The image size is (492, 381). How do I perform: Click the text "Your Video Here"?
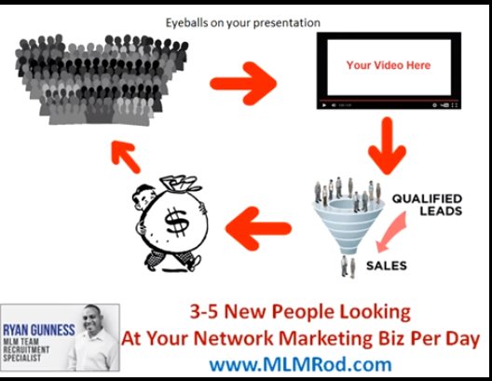point(389,65)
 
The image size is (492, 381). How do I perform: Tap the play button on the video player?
point(324,105)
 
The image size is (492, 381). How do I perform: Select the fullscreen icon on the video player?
point(454,105)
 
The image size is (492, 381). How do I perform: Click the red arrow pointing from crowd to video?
point(243,84)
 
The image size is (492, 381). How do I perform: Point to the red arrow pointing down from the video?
point(388,146)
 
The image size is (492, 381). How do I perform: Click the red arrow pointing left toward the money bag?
point(258,228)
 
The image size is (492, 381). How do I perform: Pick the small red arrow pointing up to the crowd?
point(126,156)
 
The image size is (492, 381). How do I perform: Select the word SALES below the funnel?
point(387,265)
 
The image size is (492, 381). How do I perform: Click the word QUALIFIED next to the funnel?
point(427,198)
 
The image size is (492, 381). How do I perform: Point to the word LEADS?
point(441,211)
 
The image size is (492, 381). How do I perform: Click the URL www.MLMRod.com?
point(301,364)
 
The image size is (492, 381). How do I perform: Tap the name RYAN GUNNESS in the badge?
point(39,330)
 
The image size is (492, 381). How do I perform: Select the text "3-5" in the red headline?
point(204,312)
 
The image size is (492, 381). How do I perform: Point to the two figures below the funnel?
point(348,266)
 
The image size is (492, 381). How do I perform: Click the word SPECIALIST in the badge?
point(22,358)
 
